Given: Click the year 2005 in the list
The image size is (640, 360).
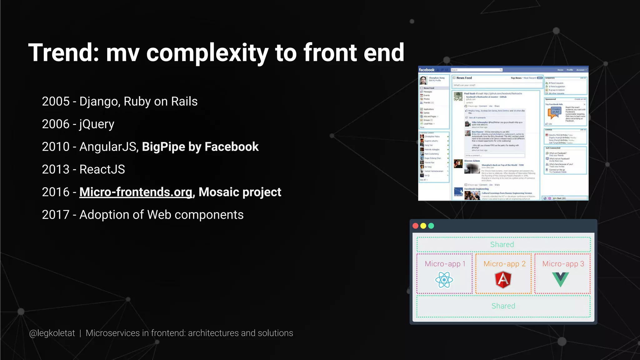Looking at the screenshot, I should pos(56,102).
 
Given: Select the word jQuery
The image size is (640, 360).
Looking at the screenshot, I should pos(97,124).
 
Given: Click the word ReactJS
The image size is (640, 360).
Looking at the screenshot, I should pos(102,169).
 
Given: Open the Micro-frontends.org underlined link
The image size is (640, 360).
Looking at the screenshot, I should pos(136,192).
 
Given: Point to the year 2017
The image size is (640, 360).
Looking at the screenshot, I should pos(56,215).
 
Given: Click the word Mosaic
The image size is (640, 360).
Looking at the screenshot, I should pos(218,192).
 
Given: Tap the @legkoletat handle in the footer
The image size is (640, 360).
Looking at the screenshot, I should pos(52,333).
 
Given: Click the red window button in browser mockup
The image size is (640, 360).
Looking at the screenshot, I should pos(415,226).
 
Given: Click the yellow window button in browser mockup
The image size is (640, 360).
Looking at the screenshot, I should pos(423,226).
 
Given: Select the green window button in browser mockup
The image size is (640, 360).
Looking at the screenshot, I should pos(431,226).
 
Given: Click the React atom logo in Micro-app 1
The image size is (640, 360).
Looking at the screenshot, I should pos(444,280).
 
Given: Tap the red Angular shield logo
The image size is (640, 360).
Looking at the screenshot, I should pos(503,279).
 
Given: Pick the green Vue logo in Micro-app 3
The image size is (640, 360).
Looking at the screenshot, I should pos(560,279).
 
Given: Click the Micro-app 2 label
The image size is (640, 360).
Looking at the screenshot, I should pos(504,264).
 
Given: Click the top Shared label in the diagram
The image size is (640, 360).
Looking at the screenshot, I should pos(502,244).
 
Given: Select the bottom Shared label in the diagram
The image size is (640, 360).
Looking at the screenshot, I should pos(503,306).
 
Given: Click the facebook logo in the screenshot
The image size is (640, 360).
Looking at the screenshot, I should pos(427,70).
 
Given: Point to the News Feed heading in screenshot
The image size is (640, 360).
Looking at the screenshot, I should pos(464,78).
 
